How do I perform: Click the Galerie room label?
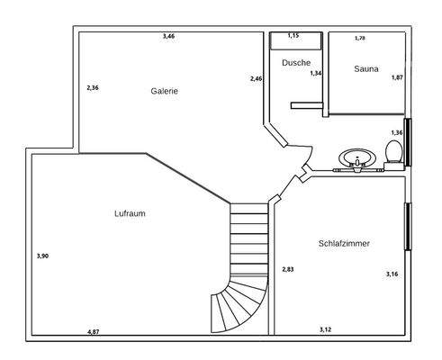pyautogui.click(x=165, y=91)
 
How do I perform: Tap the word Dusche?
pyautogui.click(x=295, y=63)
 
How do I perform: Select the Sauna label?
pyautogui.click(x=366, y=68)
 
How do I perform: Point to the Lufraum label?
pyautogui.click(x=131, y=213)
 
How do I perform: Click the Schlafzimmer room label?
pyautogui.click(x=344, y=244)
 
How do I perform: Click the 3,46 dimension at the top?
pyautogui.click(x=168, y=36)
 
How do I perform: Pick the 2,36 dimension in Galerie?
pyautogui.click(x=93, y=88)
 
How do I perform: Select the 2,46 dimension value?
pyautogui.click(x=257, y=79)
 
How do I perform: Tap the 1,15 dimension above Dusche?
pyautogui.click(x=293, y=35)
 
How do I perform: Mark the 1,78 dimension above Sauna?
pyautogui.click(x=360, y=38)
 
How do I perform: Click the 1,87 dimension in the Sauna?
pyautogui.click(x=397, y=77)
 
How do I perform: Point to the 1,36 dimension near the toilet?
pyautogui.click(x=397, y=132)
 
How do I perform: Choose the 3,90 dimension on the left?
pyautogui.click(x=42, y=256)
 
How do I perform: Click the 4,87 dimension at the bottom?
pyautogui.click(x=94, y=332)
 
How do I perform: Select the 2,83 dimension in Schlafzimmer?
pyautogui.click(x=288, y=269)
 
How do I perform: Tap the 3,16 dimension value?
pyautogui.click(x=392, y=274)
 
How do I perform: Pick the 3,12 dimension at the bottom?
pyautogui.click(x=326, y=330)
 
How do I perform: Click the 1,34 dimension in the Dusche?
pyautogui.click(x=316, y=73)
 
